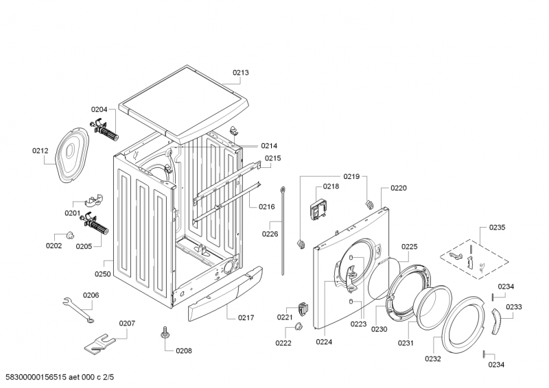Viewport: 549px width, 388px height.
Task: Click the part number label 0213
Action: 240,72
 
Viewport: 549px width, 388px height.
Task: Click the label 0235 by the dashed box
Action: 497,228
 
